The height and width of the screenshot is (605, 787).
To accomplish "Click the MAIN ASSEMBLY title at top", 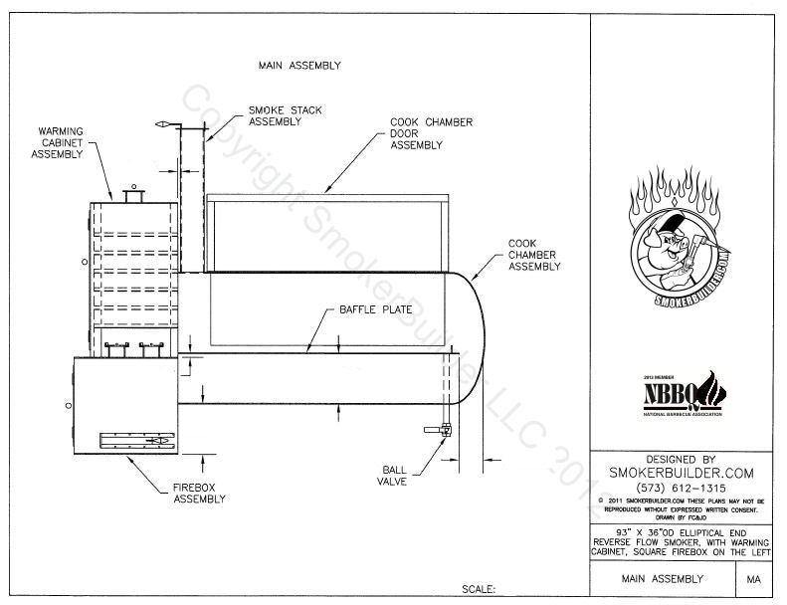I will click(x=299, y=66).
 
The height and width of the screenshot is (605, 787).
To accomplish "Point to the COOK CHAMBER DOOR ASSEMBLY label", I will click(x=431, y=133).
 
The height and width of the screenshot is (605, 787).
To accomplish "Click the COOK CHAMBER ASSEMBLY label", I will click(x=534, y=255).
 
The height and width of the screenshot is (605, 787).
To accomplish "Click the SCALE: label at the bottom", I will click(x=479, y=589).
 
